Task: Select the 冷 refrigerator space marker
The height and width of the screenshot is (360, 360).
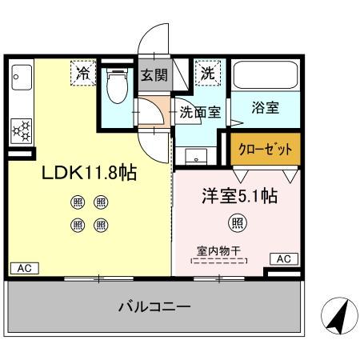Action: point(82,73)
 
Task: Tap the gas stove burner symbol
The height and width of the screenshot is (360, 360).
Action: point(22,128)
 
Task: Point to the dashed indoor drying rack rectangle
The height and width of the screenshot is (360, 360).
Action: point(218,261)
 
